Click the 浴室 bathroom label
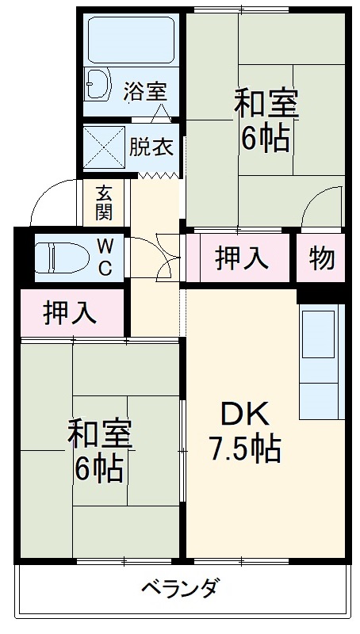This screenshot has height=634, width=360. point(145,90)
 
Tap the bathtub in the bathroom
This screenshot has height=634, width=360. point(131,40)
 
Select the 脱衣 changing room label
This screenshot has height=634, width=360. point(151,147)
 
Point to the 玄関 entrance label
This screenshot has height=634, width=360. point(104,202)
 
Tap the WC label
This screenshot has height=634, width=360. point(105,257)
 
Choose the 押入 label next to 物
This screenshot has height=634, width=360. point(241,258)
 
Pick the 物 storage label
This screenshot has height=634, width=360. point(321,258)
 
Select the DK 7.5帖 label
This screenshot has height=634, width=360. point(244,432)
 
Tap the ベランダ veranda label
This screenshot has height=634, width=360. point(180,588)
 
